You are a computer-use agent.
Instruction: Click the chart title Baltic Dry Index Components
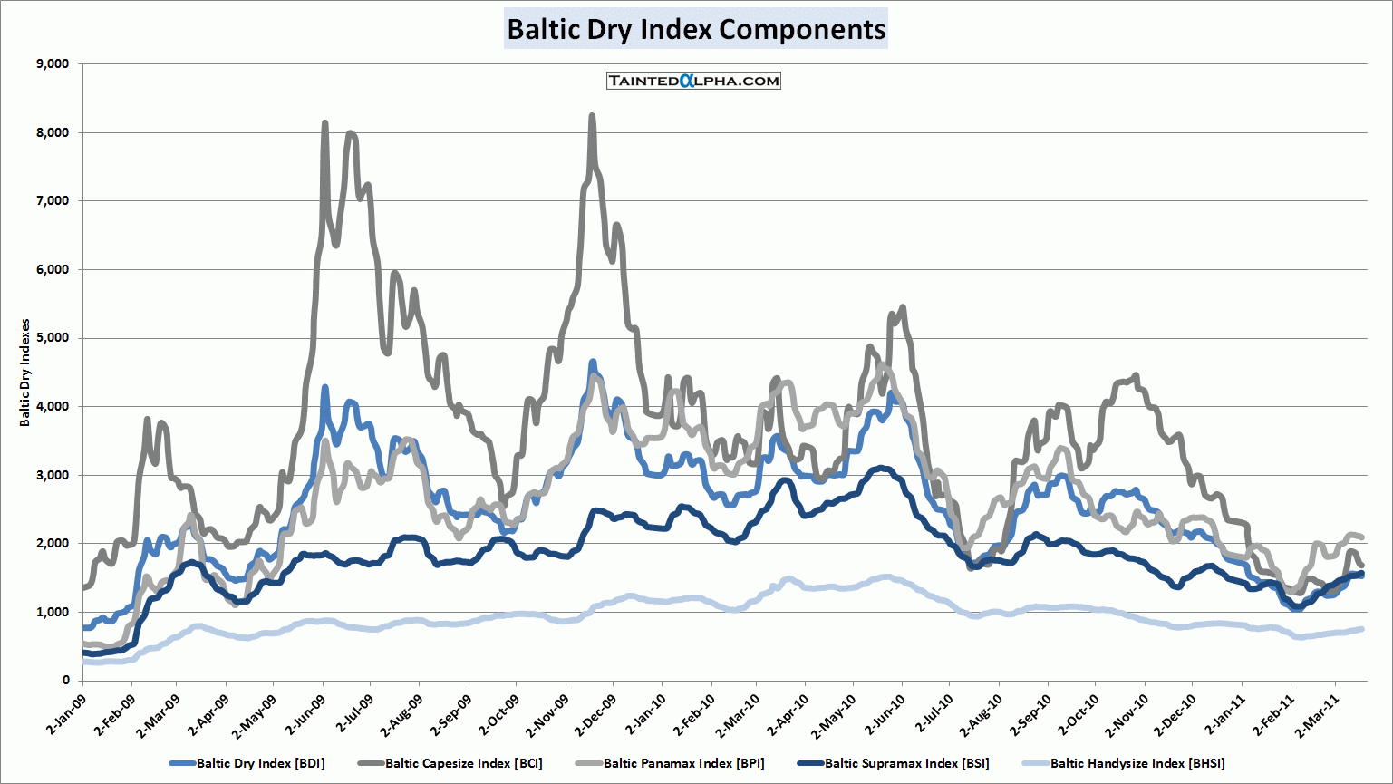tap(695, 29)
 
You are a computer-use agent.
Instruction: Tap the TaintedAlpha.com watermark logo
tap(693, 81)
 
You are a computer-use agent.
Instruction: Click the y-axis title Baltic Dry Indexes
tap(25, 373)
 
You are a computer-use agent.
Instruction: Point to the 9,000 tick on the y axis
tap(52, 64)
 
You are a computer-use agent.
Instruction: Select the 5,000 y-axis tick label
tap(52, 338)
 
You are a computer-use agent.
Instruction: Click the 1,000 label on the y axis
tap(52, 612)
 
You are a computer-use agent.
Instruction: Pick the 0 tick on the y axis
tap(65, 681)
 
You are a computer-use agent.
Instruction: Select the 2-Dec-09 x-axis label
tap(595, 714)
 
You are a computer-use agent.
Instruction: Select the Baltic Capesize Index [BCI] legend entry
tap(463, 763)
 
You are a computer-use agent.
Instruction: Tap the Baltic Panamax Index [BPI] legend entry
tap(683, 763)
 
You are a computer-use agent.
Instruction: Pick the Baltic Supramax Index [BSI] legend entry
tap(906, 763)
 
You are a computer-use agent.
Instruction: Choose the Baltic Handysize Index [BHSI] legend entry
tap(1137, 763)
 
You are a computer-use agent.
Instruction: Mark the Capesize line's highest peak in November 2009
tap(592, 116)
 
